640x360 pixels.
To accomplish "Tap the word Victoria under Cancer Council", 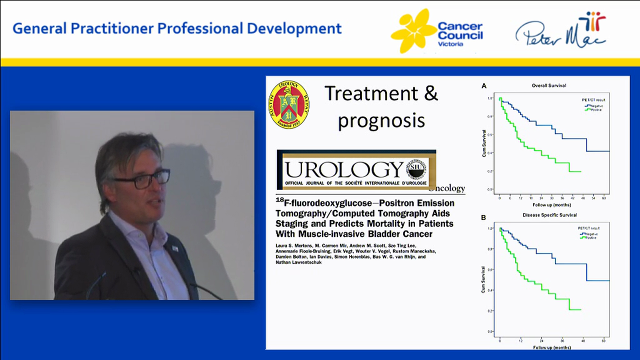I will tap(450, 44).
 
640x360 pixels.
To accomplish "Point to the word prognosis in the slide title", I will tap(381, 120).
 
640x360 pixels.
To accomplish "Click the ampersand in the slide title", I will tap(428, 93).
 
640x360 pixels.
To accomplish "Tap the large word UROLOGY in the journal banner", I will tap(344, 170).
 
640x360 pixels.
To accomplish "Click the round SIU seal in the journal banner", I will tap(416, 170).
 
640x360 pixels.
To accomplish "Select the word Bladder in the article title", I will tap(372, 233).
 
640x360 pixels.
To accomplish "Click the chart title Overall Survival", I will tap(548, 86).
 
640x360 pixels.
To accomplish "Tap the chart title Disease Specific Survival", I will tap(549, 215).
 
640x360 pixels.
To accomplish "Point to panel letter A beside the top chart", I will tap(483, 86).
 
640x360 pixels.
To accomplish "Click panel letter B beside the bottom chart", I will tap(483, 217).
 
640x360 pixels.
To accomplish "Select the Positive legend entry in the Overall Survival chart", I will tap(595, 110).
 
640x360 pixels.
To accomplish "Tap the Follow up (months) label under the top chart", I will tap(551, 205).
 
